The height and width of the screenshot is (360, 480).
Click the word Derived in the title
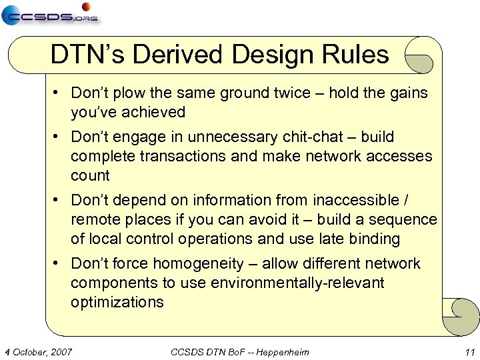pyautogui.click(x=175, y=55)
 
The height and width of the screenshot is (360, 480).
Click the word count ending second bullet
pyautogui.click(x=90, y=175)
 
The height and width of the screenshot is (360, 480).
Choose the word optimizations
pyautogui.click(x=117, y=302)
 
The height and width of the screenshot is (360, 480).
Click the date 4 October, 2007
pyautogui.click(x=38, y=351)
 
